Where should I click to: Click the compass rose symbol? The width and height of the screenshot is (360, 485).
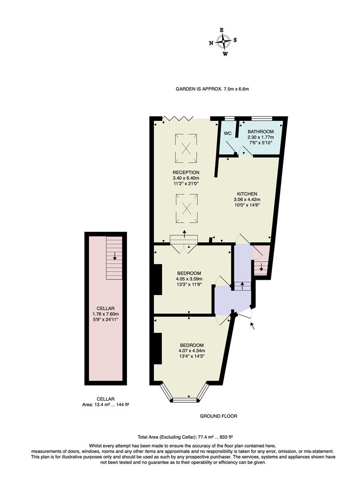coord(223,42)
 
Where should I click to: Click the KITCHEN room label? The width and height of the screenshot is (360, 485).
coord(247,194)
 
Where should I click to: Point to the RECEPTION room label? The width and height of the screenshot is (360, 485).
coord(186,172)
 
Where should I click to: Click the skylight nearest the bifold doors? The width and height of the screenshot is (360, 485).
coord(186,149)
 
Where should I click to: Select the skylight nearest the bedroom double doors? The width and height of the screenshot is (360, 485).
coord(186,208)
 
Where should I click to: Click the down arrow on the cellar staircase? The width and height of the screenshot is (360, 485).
coord(115,257)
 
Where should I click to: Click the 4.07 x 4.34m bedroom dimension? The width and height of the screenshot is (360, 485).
coord(191,351)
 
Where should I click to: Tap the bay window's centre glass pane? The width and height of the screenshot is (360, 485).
coord(184,399)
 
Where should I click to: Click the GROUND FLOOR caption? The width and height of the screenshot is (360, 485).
coord(218,416)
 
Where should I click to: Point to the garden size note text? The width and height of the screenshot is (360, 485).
coord(212,89)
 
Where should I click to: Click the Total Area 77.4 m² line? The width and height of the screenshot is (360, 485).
coord(184,436)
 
